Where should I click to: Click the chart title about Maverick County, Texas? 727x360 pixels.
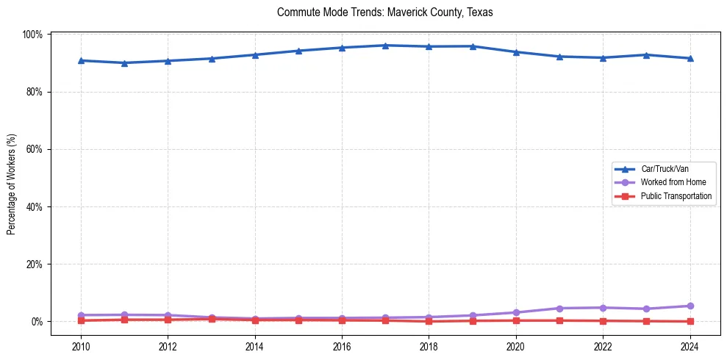(x=384, y=12)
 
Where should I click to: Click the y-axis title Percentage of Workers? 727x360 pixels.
(x=12, y=178)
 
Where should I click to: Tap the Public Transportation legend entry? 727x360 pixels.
(x=676, y=196)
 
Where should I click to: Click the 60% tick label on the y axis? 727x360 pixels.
(x=35, y=149)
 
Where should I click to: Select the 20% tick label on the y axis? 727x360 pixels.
(x=35, y=264)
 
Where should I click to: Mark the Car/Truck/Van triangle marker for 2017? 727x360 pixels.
(x=385, y=46)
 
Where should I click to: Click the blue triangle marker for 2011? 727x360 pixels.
(x=124, y=62)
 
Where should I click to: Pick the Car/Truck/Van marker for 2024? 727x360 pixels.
(x=690, y=58)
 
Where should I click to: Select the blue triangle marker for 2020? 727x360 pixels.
(x=516, y=52)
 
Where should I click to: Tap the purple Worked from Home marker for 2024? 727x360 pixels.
(x=690, y=306)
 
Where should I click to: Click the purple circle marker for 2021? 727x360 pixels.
(x=559, y=308)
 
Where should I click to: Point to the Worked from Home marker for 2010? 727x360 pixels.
(x=81, y=315)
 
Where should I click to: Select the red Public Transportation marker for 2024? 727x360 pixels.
(x=690, y=321)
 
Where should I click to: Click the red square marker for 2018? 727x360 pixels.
(x=429, y=321)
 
